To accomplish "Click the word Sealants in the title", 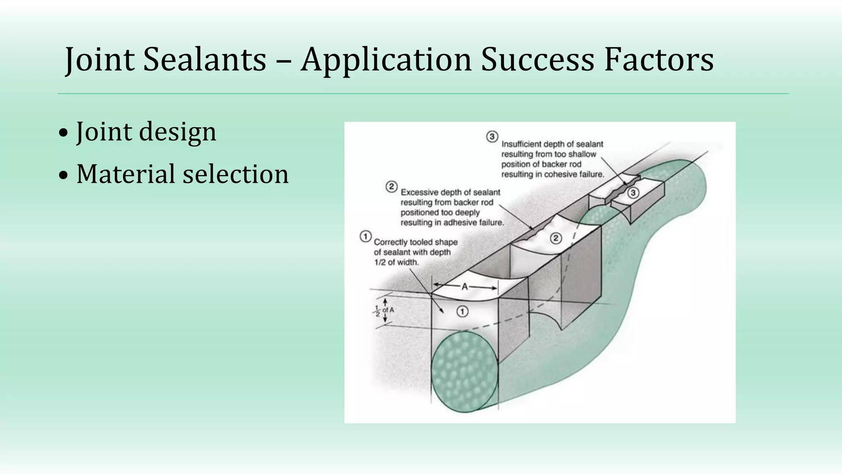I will [x=205, y=60].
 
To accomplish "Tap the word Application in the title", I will [x=386, y=60].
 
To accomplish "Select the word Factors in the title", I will [x=659, y=60].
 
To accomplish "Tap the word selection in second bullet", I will [x=236, y=174].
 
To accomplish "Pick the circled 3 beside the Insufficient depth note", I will [x=492, y=137].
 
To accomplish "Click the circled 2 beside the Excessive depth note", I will [x=391, y=187].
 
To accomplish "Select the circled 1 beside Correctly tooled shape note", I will [x=365, y=237].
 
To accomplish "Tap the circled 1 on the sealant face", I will [x=462, y=312].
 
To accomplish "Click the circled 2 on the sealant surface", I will [x=555, y=238].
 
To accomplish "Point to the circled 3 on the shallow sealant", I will [x=633, y=193].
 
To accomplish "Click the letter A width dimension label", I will [x=465, y=287].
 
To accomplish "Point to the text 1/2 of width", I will [x=396, y=263].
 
